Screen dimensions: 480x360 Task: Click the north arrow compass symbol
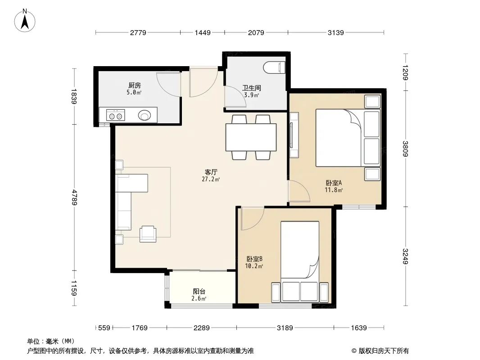25,21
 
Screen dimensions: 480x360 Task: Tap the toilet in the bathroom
274,67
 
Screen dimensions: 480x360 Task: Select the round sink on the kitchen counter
145,115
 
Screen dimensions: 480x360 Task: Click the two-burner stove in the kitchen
115,115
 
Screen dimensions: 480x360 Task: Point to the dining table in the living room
251,137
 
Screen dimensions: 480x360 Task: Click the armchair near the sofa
148,234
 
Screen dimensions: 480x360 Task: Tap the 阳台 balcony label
199,292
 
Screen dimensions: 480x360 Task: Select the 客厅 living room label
211,172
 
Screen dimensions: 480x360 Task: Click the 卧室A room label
334,183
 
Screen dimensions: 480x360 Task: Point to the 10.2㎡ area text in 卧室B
254,266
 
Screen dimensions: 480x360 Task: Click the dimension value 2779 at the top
138,33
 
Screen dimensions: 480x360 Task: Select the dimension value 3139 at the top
336,33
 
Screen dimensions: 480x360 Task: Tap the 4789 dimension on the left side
74,197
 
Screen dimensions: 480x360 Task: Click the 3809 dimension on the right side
405,148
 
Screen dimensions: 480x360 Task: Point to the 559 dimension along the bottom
104,328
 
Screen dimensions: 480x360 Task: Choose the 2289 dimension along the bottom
201,328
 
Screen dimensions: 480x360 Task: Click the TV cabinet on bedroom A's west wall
294,135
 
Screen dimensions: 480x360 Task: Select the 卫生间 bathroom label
252,88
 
